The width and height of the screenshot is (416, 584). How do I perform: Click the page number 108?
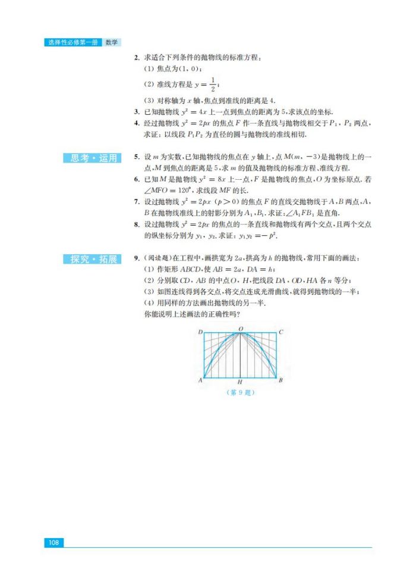(53, 542)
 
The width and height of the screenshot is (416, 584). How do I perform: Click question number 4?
(137, 123)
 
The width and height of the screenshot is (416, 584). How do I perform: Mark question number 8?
(137, 224)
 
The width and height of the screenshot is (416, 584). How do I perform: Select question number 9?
(137, 259)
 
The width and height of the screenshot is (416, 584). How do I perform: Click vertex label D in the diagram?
(200, 332)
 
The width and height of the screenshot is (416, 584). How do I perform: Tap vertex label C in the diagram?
(281, 332)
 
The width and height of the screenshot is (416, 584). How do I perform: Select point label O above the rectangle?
(240, 328)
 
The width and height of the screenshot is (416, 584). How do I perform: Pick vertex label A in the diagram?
(200, 380)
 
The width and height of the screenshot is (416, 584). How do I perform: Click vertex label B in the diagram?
(281, 380)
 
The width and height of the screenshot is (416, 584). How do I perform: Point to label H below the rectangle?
(239, 382)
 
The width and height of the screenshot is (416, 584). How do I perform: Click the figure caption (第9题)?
(240, 392)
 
